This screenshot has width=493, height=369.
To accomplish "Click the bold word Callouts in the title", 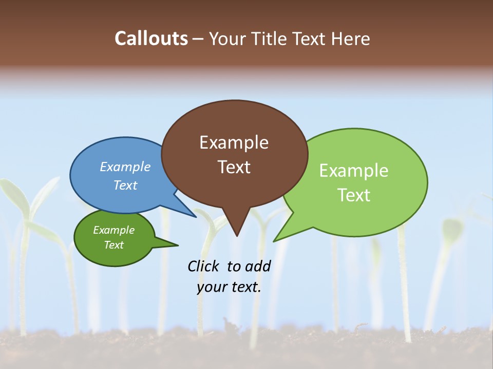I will tap(151, 38).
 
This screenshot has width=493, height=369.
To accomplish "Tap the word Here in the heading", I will tap(351, 38).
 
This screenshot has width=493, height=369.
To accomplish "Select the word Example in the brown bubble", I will tap(234, 142).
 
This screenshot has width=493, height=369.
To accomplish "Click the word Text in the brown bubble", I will tap(234, 167).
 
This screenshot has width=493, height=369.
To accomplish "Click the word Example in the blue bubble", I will tap(125, 167).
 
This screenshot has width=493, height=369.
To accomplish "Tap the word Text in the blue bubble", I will tap(125, 185).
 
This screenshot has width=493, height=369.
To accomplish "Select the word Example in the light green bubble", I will tap(353, 171).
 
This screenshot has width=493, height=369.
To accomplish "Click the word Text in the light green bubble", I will tap(353, 195).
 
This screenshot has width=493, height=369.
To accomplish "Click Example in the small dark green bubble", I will tap(113, 230).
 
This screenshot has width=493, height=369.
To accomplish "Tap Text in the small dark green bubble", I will tap(113, 245).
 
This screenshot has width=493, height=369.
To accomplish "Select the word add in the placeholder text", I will tap(258, 266).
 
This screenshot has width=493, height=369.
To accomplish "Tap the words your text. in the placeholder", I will tap(229, 287).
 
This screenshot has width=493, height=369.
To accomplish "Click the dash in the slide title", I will tap(198, 39).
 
